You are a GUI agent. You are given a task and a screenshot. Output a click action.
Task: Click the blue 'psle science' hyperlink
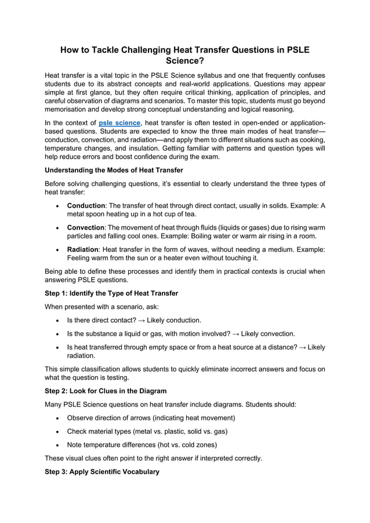[x=119, y=123]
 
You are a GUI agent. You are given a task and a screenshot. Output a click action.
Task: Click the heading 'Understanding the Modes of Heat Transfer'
[x=114, y=170]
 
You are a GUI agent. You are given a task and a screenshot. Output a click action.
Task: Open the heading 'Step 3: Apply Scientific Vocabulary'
[x=101, y=472]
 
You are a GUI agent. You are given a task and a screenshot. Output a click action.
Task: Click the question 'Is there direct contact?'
[x=101, y=320]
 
